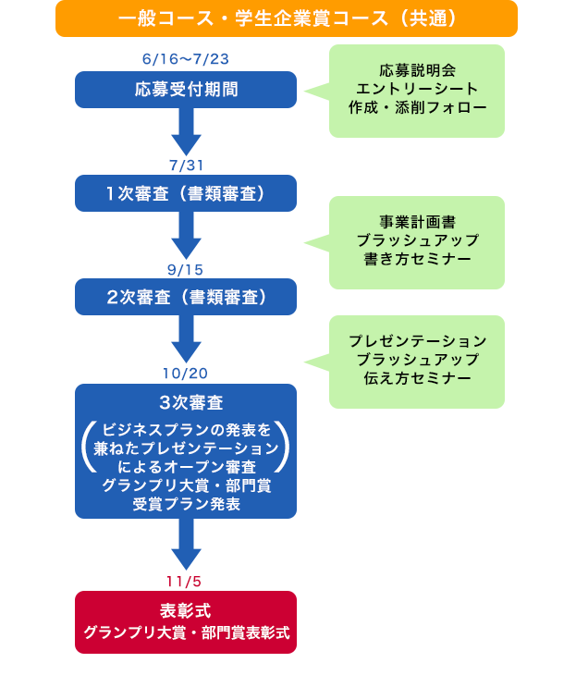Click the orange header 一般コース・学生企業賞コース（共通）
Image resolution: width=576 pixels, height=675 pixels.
coord(287,18)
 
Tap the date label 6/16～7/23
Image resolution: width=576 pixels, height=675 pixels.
coord(186,59)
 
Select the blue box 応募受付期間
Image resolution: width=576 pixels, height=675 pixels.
coord(186,90)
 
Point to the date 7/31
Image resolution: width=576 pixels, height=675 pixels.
coord(186,166)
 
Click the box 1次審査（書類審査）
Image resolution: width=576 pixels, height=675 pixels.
coord(186,193)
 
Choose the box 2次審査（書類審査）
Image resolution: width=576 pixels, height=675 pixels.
coord(186,297)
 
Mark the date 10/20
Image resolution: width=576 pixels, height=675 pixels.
coord(186,373)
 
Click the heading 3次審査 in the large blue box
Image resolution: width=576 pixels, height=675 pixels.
coord(186,403)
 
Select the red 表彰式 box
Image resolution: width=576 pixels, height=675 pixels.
coord(186,622)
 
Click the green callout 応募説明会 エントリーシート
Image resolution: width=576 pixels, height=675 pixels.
coord(417,91)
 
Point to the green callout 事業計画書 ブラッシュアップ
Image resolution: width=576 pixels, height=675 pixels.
coord(417,241)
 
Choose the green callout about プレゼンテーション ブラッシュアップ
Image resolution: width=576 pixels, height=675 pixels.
coord(417,361)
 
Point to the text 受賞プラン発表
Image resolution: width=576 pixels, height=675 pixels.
coord(186,504)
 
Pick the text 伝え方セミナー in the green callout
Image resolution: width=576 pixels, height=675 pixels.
coord(417,378)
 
